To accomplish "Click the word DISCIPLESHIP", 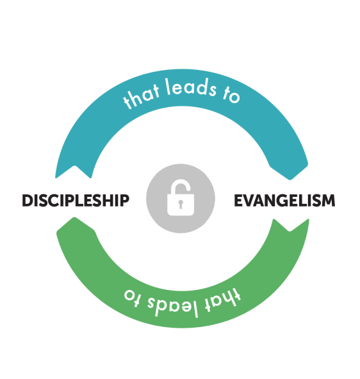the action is tap(76, 200).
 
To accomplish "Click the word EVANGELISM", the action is tap(284, 200).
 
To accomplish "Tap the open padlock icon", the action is tap(181, 198).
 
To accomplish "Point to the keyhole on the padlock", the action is tap(181, 204).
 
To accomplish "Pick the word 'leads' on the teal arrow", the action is tap(191, 87).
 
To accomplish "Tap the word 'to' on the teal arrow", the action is tap(231, 94).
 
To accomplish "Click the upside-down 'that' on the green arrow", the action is tap(223, 299).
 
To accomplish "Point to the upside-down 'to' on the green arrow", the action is tap(132, 298).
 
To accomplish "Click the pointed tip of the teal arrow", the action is tap(290, 180).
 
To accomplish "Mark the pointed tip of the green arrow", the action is tap(74, 218).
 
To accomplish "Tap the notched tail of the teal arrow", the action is tap(75, 166).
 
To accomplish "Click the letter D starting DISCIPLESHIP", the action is tap(28, 201).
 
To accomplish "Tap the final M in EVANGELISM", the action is tap(328, 201).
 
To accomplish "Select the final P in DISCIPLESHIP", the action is tap(125, 201).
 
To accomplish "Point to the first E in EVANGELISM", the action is tap(238, 201).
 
